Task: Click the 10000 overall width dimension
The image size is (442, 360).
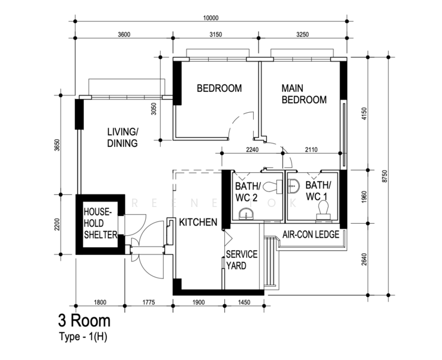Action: (x=211, y=18)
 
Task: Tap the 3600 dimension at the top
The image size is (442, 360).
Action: (x=124, y=35)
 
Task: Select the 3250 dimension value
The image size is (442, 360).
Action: (x=302, y=35)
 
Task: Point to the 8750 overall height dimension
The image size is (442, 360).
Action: (x=385, y=176)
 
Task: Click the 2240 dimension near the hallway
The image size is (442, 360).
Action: (x=252, y=149)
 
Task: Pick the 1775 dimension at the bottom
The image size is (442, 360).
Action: (x=149, y=302)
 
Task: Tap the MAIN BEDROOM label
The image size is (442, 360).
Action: (x=304, y=94)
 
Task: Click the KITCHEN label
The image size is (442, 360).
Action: (x=198, y=222)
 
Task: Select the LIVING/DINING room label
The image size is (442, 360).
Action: (x=122, y=137)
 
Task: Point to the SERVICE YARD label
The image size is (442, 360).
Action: (x=242, y=260)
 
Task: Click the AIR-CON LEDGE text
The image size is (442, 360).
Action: (x=311, y=235)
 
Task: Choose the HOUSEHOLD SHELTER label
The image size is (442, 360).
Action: (x=100, y=223)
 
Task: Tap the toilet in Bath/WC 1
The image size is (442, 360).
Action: (x=323, y=210)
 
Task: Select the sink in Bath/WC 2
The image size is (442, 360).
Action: (x=246, y=214)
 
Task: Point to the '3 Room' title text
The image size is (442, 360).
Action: (x=85, y=320)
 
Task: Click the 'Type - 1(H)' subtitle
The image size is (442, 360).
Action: (x=83, y=337)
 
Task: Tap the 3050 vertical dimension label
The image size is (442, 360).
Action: (x=154, y=109)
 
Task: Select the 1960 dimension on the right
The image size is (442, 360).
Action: (x=364, y=197)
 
